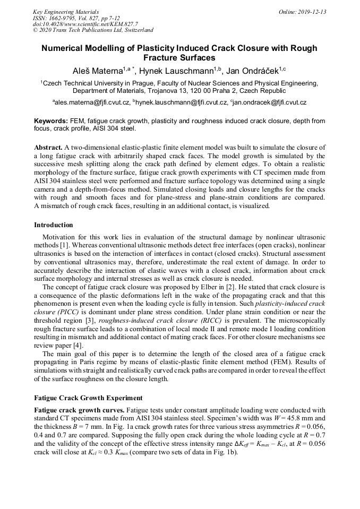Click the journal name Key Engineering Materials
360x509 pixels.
(66, 12)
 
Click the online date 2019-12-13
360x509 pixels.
(307, 12)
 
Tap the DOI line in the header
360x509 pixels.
(85, 24)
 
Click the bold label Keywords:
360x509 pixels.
(51, 121)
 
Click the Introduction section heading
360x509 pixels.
(54, 225)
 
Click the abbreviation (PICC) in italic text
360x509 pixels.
(65, 311)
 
